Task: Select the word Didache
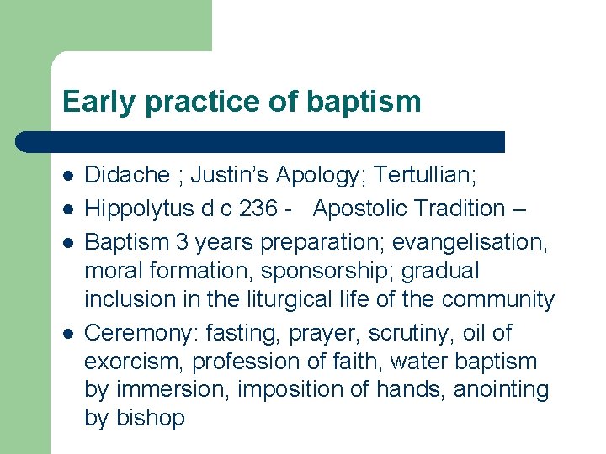click(127, 176)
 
